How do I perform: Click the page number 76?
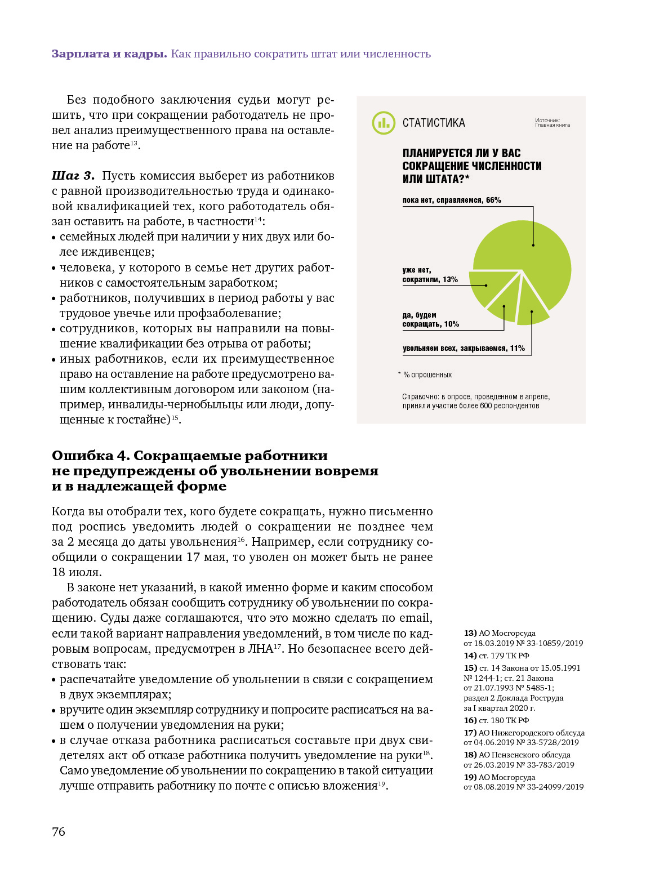pos(59,832)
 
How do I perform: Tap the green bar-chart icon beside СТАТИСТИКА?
pos(384,123)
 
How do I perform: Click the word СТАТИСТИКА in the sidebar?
pos(434,123)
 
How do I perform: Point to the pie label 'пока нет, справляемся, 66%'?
pos(452,200)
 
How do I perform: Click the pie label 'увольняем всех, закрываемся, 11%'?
pos(464,348)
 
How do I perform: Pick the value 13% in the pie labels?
pos(451,279)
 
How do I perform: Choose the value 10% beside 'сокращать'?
pos(452,324)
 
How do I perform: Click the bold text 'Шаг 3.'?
pos(73,176)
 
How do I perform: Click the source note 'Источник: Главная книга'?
pos(552,123)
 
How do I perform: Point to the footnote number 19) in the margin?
pos(470,777)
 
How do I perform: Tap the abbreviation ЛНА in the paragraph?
pos(260,649)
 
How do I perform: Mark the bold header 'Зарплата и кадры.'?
pos(109,54)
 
